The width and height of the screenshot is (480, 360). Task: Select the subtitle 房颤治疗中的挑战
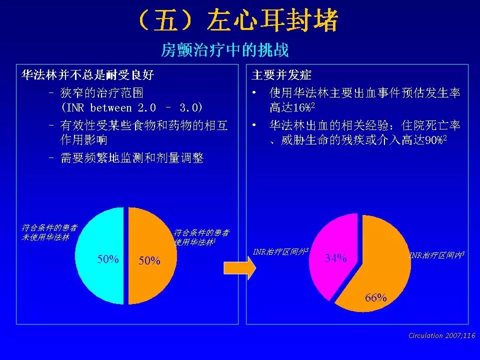[x=225, y=50]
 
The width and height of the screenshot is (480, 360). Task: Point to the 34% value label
[x=335, y=258]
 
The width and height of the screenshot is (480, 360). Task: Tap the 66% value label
[x=376, y=298]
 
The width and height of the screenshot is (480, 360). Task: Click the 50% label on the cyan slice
[x=108, y=259]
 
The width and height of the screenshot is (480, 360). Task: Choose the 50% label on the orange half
[x=149, y=260]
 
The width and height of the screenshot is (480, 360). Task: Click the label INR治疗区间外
[x=280, y=251]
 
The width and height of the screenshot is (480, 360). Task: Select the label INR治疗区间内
[x=437, y=255]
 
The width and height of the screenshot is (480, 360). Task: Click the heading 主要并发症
[x=281, y=75]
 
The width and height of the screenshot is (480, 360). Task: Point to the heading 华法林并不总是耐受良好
[x=87, y=75]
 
